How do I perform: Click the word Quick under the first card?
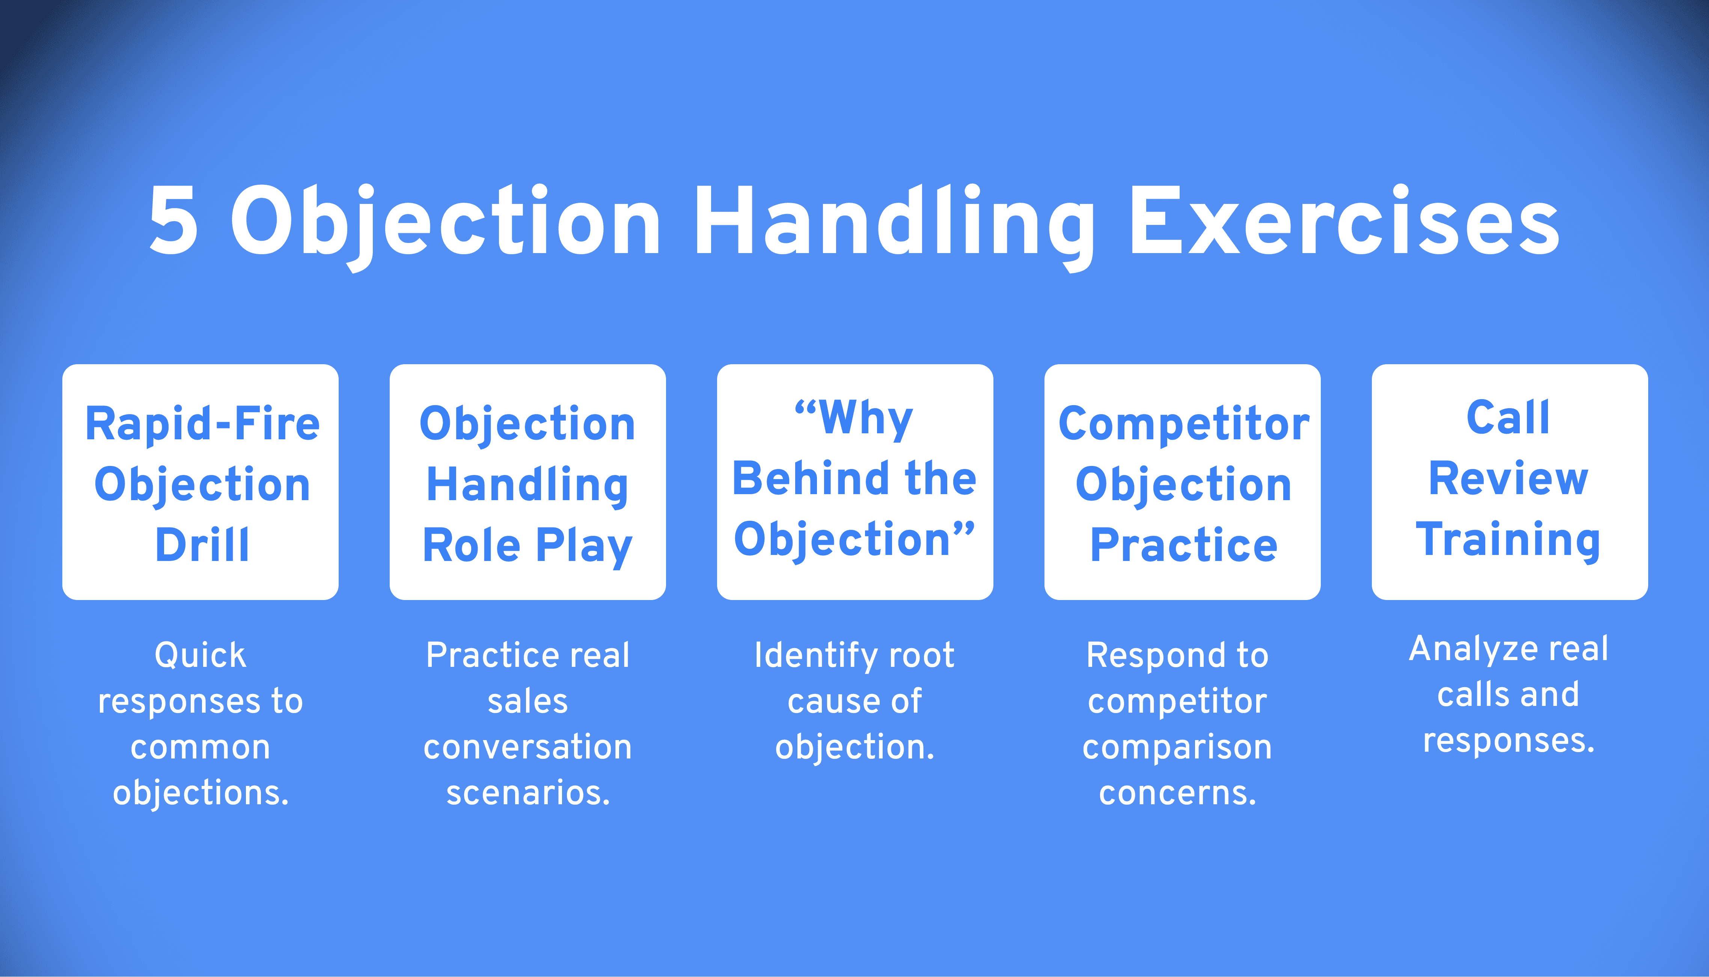coord(200,655)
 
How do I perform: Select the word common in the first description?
coord(200,748)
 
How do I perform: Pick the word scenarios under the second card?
coord(528,793)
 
